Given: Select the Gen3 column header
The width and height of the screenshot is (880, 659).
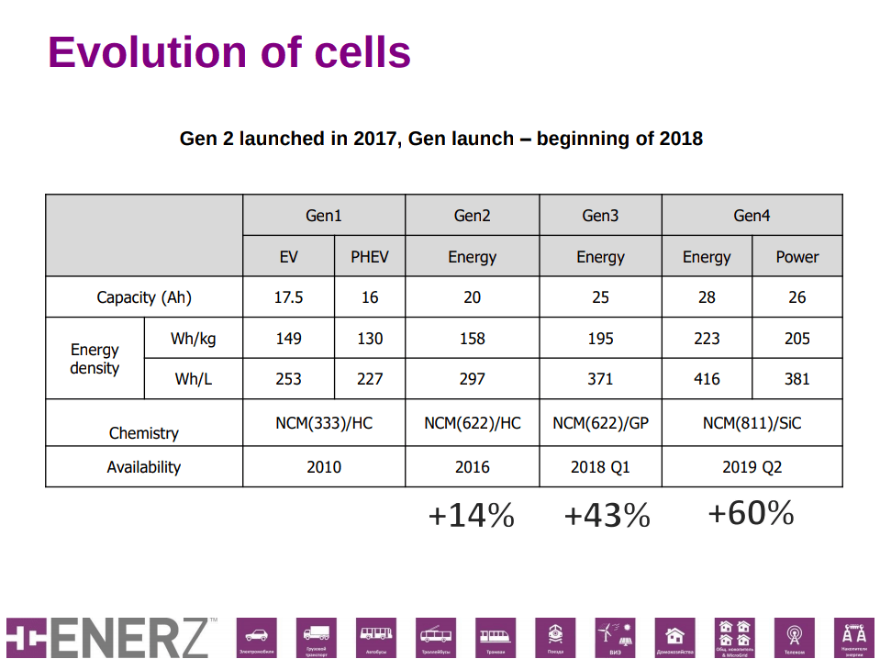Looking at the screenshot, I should tap(600, 216).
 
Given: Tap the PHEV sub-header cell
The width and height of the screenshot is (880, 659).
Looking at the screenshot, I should tap(370, 257).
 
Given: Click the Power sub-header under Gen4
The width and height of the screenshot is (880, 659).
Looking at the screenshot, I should tap(796, 257).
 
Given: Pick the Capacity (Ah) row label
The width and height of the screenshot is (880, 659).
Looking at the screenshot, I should tap(144, 297).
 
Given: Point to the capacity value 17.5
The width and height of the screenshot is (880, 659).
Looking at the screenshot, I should tap(288, 297).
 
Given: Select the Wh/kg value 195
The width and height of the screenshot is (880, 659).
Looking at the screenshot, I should tap(600, 339).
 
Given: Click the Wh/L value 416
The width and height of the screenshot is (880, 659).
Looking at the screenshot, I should tap(707, 378).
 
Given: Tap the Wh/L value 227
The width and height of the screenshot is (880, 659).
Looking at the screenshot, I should tap(370, 378).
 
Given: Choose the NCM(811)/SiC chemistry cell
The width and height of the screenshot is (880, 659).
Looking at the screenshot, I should tap(752, 424).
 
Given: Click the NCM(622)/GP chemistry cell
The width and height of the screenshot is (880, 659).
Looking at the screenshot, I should tap(600, 424).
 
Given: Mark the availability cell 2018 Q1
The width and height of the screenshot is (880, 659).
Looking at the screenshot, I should tap(600, 467).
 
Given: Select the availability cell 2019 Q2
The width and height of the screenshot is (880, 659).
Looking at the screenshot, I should tap(752, 467).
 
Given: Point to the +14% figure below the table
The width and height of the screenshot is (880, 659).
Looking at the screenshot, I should tap(471, 517).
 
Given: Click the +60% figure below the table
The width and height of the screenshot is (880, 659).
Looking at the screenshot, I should tap(751, 514).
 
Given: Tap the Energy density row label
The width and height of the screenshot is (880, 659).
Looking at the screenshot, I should tap(95, 359).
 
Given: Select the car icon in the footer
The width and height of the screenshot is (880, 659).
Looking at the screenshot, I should tap(257, 634).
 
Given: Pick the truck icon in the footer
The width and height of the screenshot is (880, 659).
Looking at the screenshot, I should tap(317, 633).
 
